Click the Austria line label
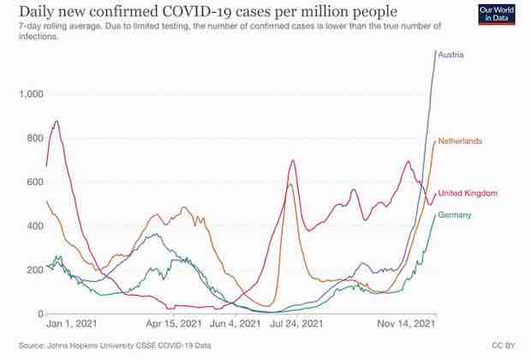pyautogui.click(x=450, y=56)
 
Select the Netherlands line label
pyautogui.click(x=461, y=141)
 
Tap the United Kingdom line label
pyautogui.click(x=468, y=194)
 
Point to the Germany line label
pyautogui.click(x=455, y=215)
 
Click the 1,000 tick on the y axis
pyautogui.click(x=31, y=93)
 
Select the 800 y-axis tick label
pyautogui.click(x=35, y=138)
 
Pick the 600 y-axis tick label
pyautogui.click(x=35, y=182)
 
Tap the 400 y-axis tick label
pyautogui.click(x=35, y=226)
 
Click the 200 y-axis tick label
pyautogui.click(x=35, y=270)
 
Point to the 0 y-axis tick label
pyautogui.click(x=39, y=314)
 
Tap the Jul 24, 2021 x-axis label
pyautogui.click(x=296, y=325)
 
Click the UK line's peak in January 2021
pyautogui.click(x=57, y=122)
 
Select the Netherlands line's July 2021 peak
pyautogui.click(x=291, y=184)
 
